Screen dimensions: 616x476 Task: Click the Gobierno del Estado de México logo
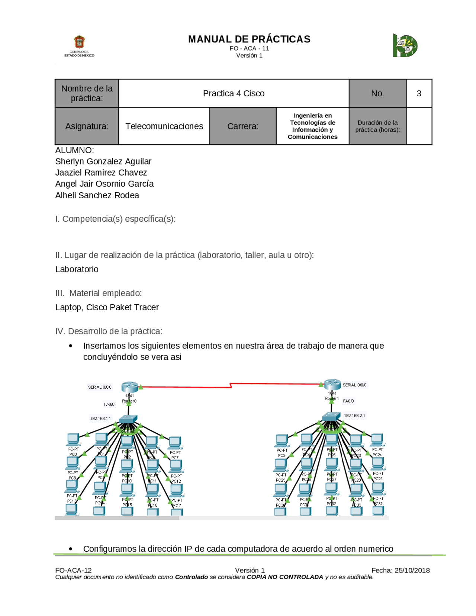(79, 46)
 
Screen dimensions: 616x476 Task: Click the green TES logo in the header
(405, 45)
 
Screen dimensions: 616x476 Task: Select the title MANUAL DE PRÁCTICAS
(249, 39)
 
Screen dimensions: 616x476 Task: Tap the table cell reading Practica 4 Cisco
(234, 93)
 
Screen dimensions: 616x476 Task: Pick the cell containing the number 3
(419, 93)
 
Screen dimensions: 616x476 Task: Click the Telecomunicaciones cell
(164, 126)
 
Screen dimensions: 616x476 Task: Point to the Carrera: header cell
(242, 126)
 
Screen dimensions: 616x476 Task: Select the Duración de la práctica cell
(377, 126)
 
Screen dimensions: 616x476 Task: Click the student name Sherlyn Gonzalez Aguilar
(103, 161)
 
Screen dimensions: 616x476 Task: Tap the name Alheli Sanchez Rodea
(97, 195)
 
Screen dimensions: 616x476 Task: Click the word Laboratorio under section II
(77, 269)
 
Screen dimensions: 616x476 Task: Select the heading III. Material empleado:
(98, 293)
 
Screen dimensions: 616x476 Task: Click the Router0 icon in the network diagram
(129, 387)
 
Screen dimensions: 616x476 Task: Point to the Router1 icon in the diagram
(332, 384)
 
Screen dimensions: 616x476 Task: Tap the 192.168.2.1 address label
(354, 416)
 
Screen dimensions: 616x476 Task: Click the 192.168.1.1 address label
(100, 418)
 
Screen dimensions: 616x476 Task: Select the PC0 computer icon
(73, 439)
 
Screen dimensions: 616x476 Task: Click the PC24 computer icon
(377, 440)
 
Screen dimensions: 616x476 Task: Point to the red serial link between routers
(231, 385)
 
